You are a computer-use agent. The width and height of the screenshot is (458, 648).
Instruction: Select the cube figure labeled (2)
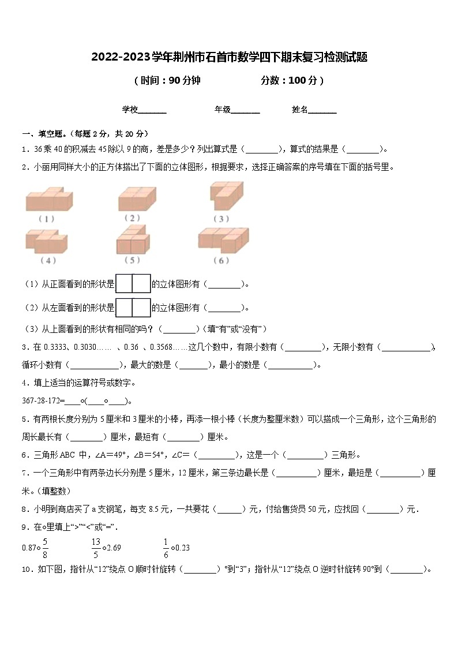click(137, 198)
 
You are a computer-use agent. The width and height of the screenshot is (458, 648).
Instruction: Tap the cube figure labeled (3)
click(226, 197)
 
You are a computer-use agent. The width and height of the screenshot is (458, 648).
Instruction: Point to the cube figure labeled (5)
click(134, 239)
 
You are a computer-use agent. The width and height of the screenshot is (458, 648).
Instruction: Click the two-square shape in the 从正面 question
click(133, 283)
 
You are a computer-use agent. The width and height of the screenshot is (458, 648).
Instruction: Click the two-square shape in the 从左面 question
click(133, 307)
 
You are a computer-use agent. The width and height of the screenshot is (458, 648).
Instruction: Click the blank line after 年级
click(245, 110)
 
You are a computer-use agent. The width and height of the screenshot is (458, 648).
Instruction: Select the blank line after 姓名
click(322, 110)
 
